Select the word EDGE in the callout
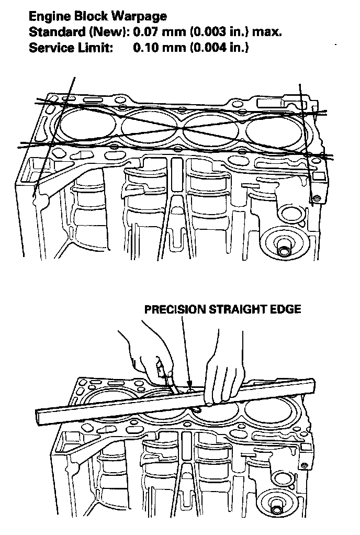point(287,309)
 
